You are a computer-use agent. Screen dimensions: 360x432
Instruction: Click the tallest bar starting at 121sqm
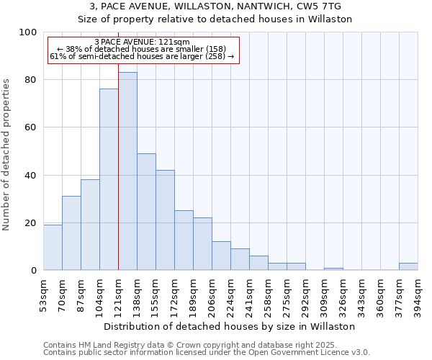pyautogui.click(x=127, y=171)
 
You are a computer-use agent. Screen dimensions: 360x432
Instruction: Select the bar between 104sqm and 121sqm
pyautogui.click(x=109, y=179)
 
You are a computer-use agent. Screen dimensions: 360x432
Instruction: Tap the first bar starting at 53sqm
pyautogui.click(x=53, y=247)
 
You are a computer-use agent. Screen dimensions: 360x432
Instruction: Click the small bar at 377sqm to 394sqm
pyautogui.click(x=408, y=266)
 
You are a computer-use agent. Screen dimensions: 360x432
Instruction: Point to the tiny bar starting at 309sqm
pyautogui.click(x=333, y=269)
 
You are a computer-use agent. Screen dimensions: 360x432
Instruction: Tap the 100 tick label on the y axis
pyautogui.click(x=28, y=32)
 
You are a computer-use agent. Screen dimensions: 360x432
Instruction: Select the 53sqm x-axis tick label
pyautogui.click(x=43, y=294)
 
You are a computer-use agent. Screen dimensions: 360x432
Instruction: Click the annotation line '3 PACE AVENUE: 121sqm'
pyautogui.click(x=142, y=42)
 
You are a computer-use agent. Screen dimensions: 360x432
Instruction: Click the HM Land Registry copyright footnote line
pyautogui.click(x=205, y=345)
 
